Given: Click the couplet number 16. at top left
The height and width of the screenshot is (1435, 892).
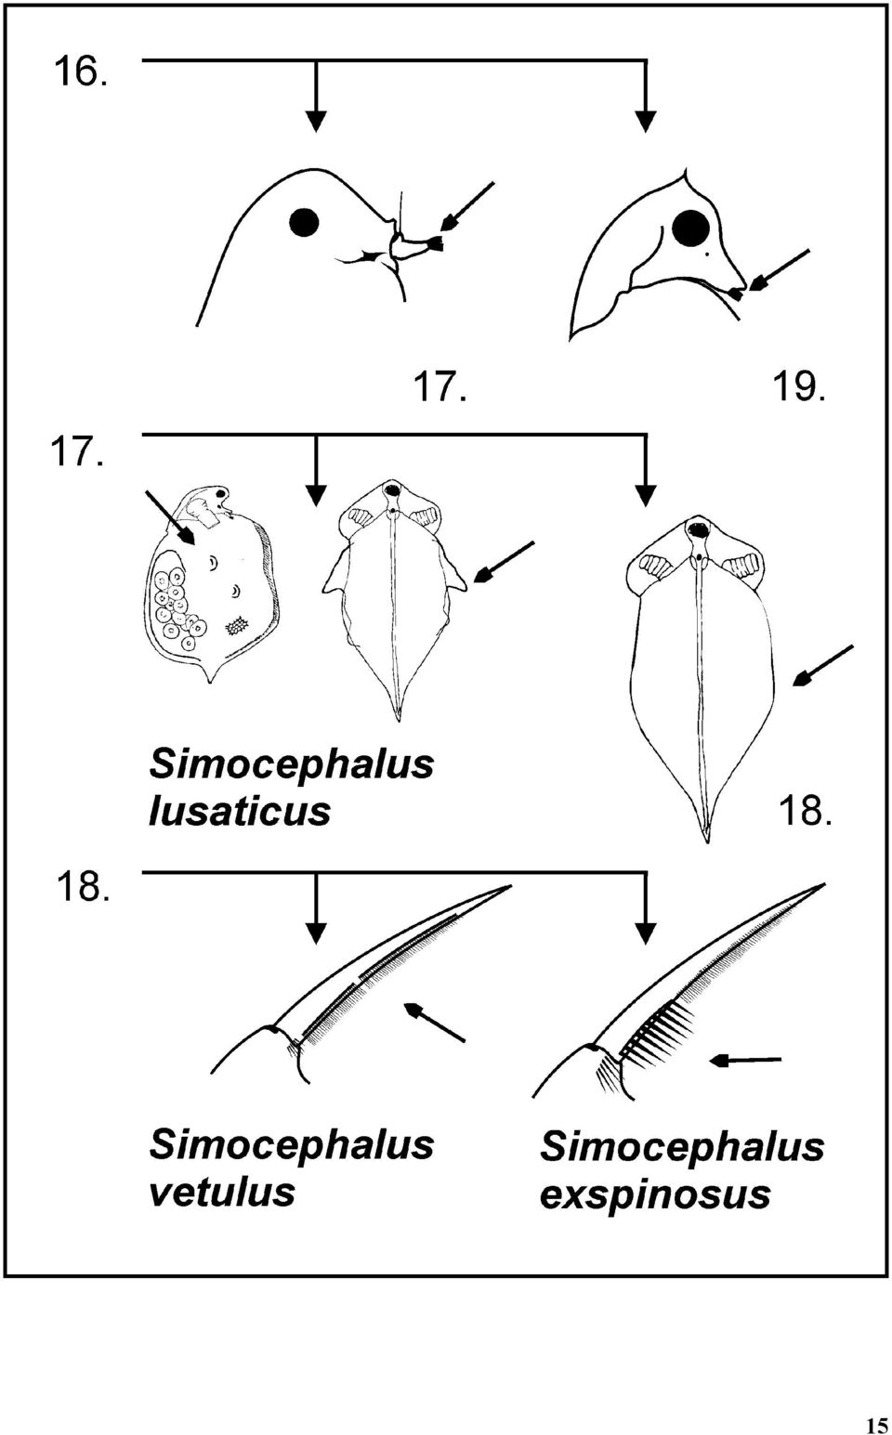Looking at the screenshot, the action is coord(80,71).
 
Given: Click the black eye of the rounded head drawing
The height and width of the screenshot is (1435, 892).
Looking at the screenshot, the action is coord(303,223).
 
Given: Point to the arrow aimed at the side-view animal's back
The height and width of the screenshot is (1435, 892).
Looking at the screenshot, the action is coord(170,517).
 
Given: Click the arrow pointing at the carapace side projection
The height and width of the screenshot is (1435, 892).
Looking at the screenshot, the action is coord(503,563).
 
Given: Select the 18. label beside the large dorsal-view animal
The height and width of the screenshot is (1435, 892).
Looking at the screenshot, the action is coord(806,811).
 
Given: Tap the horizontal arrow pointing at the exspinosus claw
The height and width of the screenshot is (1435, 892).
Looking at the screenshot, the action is coord(745,1061).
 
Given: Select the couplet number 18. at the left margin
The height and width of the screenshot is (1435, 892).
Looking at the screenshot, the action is coord(81,887).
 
